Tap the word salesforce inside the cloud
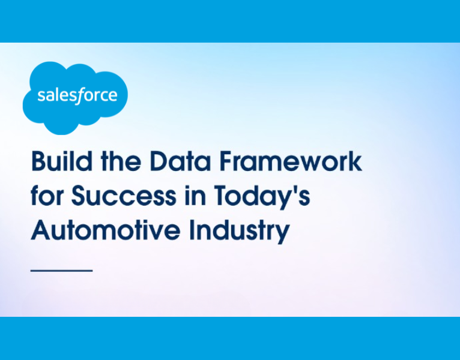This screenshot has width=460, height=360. click(77, 96)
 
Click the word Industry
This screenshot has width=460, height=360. click(239, 230)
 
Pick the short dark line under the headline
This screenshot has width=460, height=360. click(61, 271)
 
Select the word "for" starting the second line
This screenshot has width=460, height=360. click(47, 196)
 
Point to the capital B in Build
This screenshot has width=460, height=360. click(38, 162)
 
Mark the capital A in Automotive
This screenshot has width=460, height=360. click(40, 230)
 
